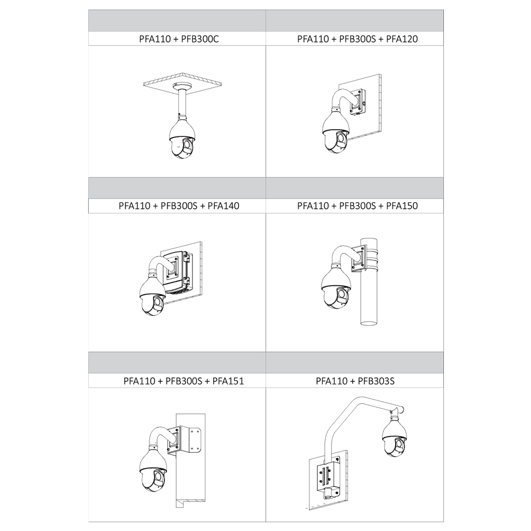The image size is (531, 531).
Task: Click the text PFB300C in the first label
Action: pyautogui.click(x=200, y=39)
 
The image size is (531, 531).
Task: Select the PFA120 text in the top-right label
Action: pyautogui.click(x=402, y=39)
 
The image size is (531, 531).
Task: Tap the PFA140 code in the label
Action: pyautogui.click(x=223, y=206)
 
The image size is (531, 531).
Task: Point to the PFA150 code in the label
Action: pyautogui.click(x=402, y=206)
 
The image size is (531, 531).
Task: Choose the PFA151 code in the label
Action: pyautogui.click(x=228, y=381)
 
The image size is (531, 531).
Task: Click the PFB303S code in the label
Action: pyautogui.click(x=376, y=381)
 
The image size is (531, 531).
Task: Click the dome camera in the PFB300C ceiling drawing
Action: pyautogui.click(x=182, y=137)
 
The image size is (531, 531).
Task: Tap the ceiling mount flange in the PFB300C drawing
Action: pyautogui.click(x=181, y=86)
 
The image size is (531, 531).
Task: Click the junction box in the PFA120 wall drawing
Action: pyautogui.click(x=358, y=102)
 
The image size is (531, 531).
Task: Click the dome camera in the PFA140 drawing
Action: pyautogui.click(x=152, y=295)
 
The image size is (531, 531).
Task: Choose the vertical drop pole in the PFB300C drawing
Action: pyautogui.click(x=182, y=102)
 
